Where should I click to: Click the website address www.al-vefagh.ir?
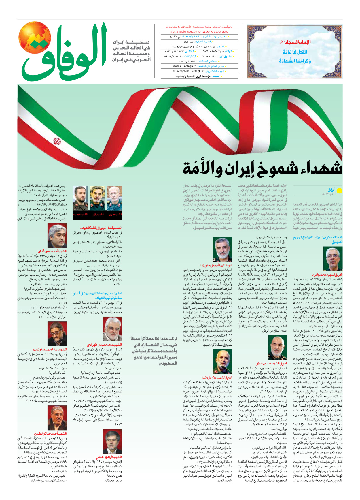click(x=184, y=66)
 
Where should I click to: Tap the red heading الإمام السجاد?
click(x=295, y=42)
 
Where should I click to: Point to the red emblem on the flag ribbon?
click(x=57, y=142)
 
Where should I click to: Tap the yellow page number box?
click(x=339, y=191)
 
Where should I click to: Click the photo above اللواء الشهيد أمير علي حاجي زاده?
click(x=222, y=250)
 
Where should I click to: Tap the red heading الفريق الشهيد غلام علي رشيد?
click(x=217, y=377)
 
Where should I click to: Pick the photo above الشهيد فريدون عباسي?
click(x=112, y=441)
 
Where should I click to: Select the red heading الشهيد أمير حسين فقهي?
click(x=52, y=251)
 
